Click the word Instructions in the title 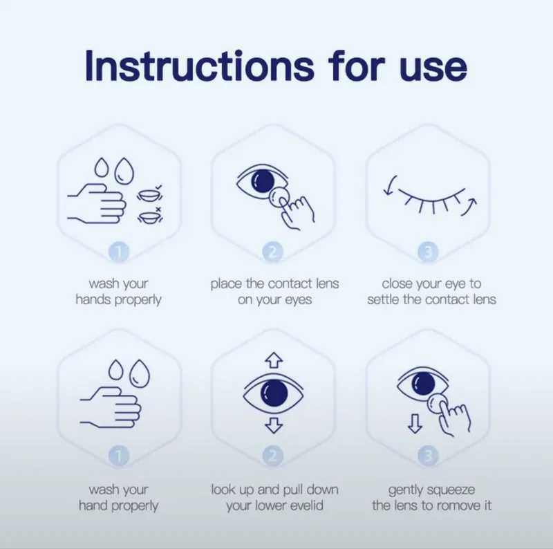pos(200,66)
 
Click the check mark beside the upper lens pos(158,187)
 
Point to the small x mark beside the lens pos(158,210)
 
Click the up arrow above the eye pos(274,360)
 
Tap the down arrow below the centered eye pos(274,425)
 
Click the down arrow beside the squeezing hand pos(415,423)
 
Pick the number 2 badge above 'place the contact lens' pos(272,252)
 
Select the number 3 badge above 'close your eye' pos(428,252)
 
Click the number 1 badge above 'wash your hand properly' pos(119,456)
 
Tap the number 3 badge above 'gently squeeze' pos(428,456)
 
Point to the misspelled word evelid pos(306,505)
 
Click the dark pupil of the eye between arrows pos(274,393)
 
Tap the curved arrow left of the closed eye pos(390,185)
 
